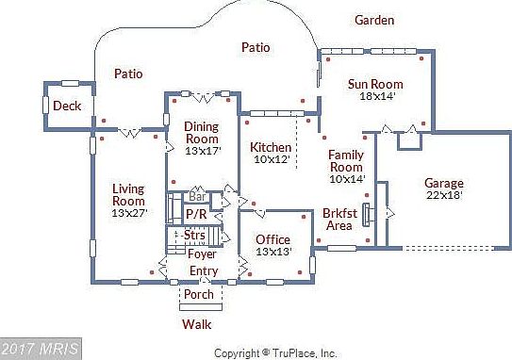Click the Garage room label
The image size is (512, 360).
click(443, 183)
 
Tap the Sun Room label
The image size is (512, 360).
click(374, 84)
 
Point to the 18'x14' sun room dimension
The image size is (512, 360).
click(376, 96)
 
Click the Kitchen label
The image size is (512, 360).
click(271, 148)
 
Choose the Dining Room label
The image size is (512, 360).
click(201, 132)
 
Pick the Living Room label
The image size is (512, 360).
click(128, 194)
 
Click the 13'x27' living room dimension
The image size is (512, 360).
click(128, 213)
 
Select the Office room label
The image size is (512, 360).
click(273, 239)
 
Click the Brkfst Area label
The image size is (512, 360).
click(338, 219)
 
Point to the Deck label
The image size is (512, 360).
click(66, 106)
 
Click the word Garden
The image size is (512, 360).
click(374, 20)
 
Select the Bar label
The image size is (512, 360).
click(198, 197)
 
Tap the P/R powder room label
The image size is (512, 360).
click(195, 215)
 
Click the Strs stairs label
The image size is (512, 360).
click(195, 235)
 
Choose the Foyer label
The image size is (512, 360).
click(202, 254)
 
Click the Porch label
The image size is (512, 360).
click(199, 293)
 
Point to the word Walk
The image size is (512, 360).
click(196, 324)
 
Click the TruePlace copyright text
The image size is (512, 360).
click(275, 353)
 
